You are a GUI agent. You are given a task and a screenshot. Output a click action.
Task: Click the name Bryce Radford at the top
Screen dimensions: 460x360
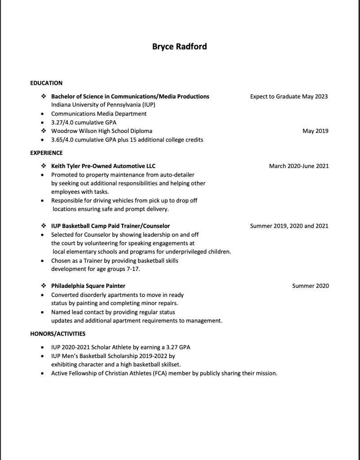pyautogui.click(x=180, y=47)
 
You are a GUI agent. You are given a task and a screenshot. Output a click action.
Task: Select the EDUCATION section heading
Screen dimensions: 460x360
pyautogui.click(x=46, y=83)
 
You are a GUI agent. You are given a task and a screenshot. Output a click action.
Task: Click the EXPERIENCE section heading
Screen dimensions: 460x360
pyautogui.click(x=46, y=153)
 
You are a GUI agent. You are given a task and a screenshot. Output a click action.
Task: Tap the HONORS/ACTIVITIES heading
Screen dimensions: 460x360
pyautogui.click(x=57, y=334)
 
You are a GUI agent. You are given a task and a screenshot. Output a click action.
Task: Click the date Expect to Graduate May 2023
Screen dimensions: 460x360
pyautogui.click(x=289, y=97)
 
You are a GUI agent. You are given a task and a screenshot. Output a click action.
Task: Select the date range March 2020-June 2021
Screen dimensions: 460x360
pyautogui.click(x=299, y=166)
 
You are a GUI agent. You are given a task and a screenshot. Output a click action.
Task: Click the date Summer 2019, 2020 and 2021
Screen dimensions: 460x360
pyautogui.click(x=289, y=226)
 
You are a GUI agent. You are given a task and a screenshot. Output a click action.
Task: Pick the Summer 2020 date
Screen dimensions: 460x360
pyautogui.click(x=311, y=286)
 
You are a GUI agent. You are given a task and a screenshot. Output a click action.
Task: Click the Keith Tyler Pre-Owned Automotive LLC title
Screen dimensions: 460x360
pyautogui.click(x=103, y=166)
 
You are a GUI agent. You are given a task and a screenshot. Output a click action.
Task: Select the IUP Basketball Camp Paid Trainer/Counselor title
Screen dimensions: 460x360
pyautogui.click(x=110, y=226)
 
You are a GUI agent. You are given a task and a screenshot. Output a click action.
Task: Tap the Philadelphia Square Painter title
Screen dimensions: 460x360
pyautogui.click(x=88, y=286)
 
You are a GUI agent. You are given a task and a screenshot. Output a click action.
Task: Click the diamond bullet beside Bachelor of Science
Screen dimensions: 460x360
pyautogui.click(x=43, y=97)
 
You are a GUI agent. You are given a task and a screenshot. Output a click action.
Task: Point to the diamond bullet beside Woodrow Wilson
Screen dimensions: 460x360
pyautogui.click(x=43, y=131)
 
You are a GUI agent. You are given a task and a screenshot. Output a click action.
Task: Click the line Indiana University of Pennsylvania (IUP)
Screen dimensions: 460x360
pyautogui.click(x=103, y=105)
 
